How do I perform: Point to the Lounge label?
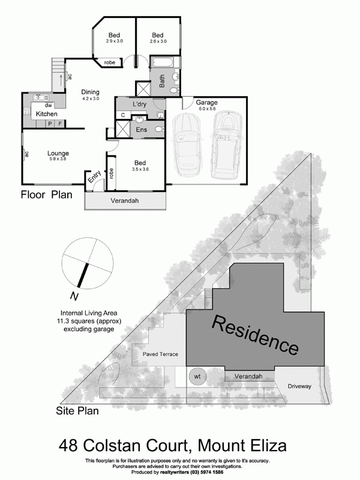[x=58, y=154]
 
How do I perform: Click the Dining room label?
[x=91, y=92]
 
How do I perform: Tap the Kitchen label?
[x=46, y=114]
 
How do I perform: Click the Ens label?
[x=142, y=130]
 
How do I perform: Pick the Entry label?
[x=94, y=177]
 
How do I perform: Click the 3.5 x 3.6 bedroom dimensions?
[x=140, y=169]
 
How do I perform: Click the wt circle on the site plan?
[x=196, y=377]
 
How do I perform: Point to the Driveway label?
[x=299, y=386]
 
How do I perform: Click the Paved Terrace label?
[x=160, y=355]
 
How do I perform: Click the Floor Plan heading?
[x=47, y=194]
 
